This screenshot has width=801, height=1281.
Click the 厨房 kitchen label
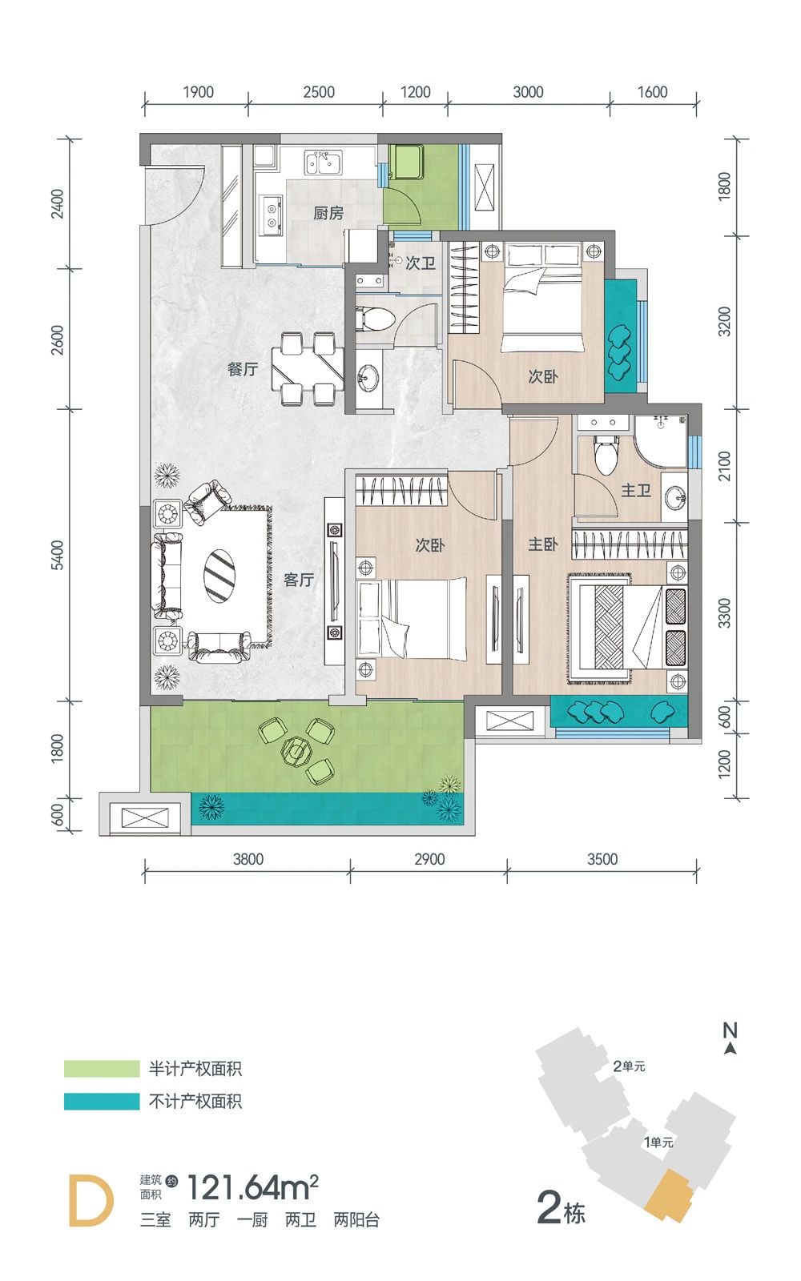[x=328, y=213]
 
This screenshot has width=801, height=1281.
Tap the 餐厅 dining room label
[x=243, y=369]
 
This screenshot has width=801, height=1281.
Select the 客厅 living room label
[x=299, y=580]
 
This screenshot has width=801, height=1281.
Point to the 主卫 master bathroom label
[x=636, y=490]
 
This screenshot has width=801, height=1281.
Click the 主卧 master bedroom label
[x=543, y=544]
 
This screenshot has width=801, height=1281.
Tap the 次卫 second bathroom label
[x=421, y=263]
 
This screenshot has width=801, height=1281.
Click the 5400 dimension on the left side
[x=58, y=555]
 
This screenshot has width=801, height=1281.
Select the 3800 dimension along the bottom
[x=248, y=859]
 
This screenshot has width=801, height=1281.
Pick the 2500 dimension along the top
[x=319, y=92]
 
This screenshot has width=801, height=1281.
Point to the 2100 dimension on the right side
[x=724, y=466]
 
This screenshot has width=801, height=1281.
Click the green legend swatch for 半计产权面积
[x=102, y=1068]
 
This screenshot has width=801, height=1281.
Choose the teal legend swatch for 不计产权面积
[x=102, y=1101]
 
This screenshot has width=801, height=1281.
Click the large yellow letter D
[x=91, y=1201]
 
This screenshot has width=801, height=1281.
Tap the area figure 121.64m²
[x=253, y=1188]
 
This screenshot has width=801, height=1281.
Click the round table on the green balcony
[x=296, y=749]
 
